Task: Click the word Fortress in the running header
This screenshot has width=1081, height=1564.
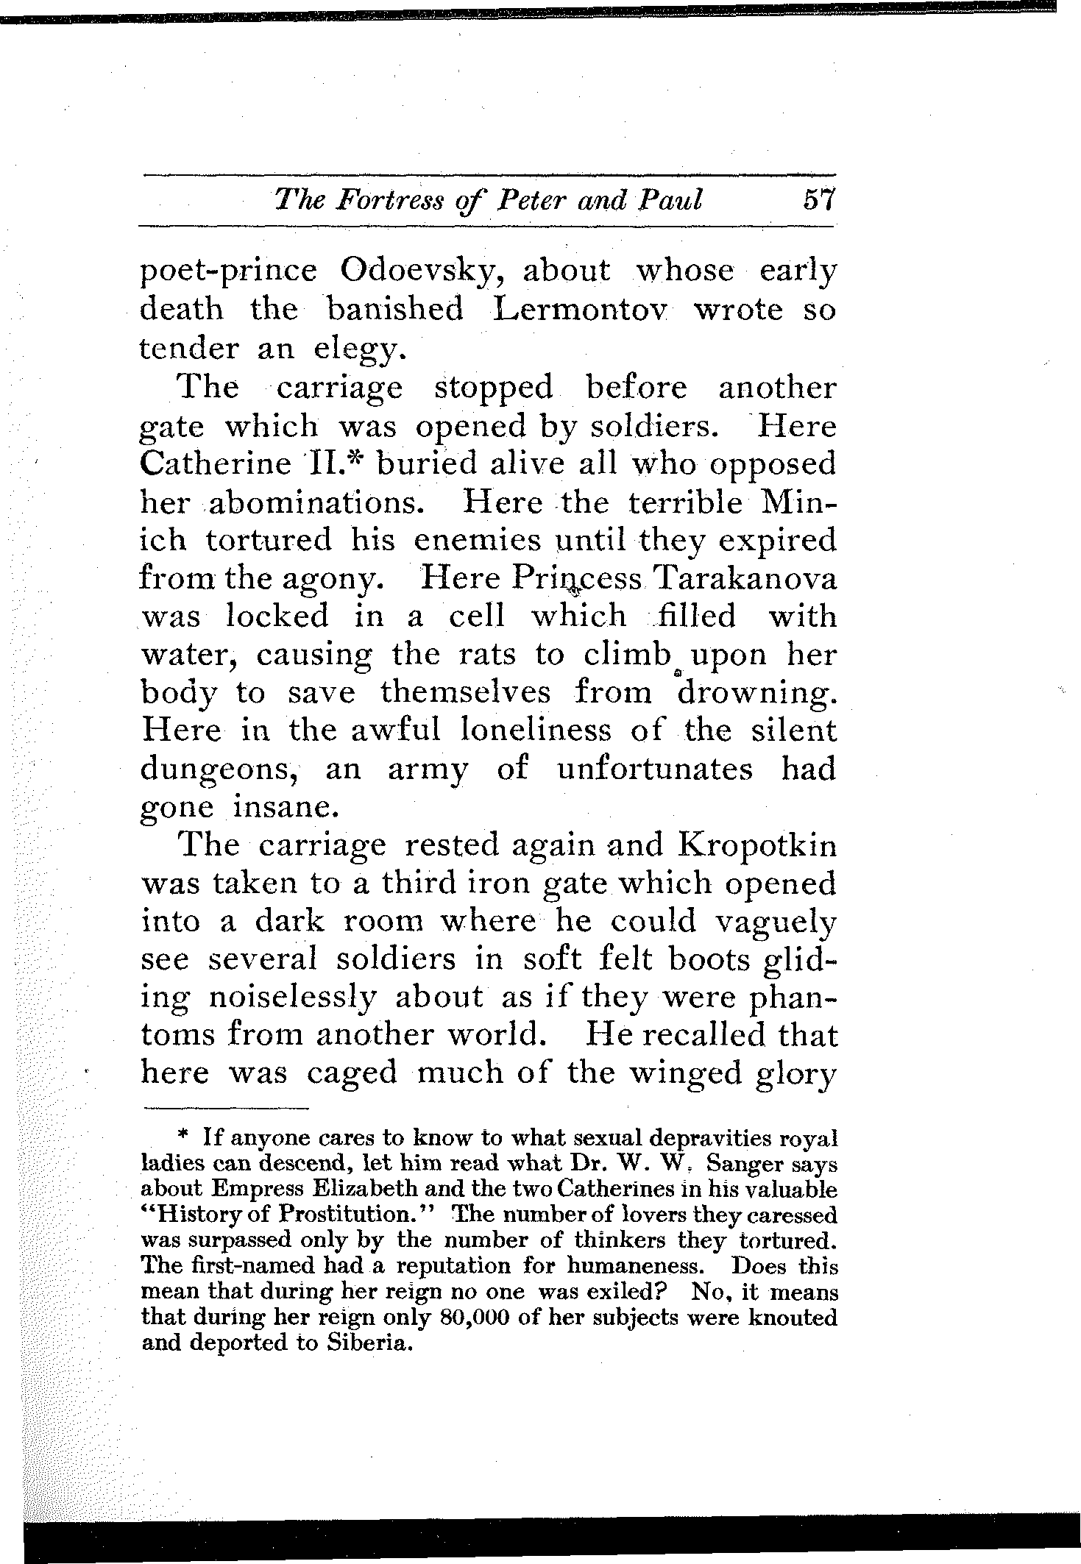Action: [x=368, y=200]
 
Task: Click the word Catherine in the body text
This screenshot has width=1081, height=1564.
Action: [x=215, y=463]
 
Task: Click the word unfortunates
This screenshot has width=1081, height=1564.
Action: [x=655, y=769]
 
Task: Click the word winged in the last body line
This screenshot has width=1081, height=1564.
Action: [x=694, y=1074]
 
